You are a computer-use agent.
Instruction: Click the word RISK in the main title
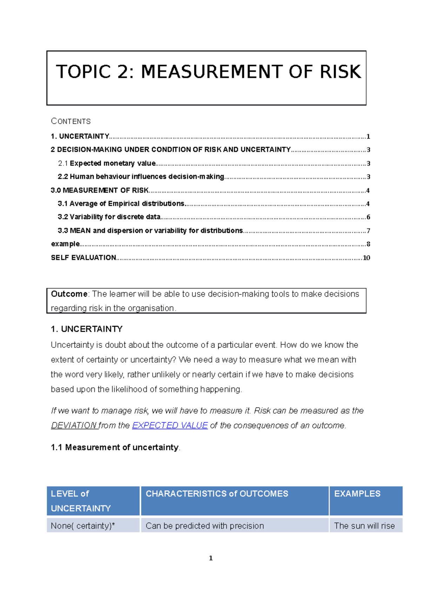tap(340, 72)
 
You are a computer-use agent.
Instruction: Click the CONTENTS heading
tap(71, 121)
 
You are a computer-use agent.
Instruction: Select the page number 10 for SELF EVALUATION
tap(366, 258)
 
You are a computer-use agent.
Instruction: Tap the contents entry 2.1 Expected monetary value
tap(107, 163)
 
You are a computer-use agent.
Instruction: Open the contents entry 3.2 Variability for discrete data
tap(109, 217)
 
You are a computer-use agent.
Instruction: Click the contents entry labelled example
tap(65, 244)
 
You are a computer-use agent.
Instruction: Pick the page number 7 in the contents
tap(368, 231)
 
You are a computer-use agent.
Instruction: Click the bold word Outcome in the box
tap(69, 294)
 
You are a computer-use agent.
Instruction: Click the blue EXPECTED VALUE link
tap(170, 425)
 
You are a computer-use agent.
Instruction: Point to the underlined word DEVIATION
tap(74, 425)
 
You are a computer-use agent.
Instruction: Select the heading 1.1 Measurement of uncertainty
tap(115, 448)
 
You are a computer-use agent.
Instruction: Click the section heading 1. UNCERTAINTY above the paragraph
tap(87, 329)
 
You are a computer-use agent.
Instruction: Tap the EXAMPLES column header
tap(357, 494)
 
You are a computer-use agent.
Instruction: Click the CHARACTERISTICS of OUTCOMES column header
tap(217, 494)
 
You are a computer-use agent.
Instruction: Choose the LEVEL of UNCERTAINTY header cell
tap(81, 501)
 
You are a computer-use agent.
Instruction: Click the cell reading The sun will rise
tap(364, 526)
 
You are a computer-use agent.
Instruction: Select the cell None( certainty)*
tap(83, 526)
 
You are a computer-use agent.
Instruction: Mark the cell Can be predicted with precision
tap(205, 526)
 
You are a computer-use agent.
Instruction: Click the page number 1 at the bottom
tap(210, 558)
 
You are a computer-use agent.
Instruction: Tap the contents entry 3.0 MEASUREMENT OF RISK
tap(100, 190)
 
